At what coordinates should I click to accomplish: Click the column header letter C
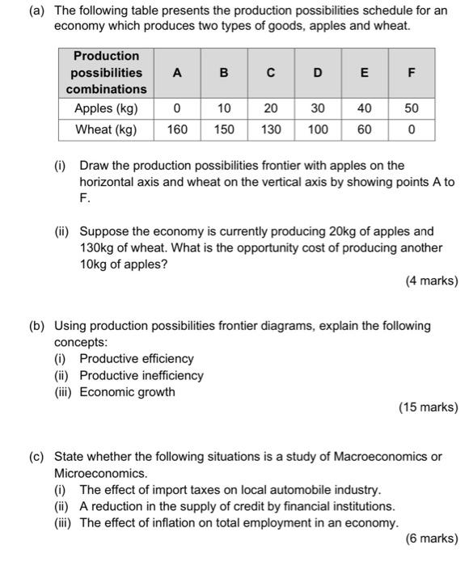coord(271,73)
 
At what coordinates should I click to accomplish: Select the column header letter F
coord(412,73)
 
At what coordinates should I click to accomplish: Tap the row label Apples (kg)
coord(106,108)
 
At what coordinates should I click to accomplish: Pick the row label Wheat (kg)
coord(105,129)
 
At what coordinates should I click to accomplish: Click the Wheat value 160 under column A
coord(177,129)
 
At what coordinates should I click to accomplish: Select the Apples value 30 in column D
coord(318,108)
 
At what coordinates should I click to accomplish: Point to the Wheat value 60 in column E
coord(365,129)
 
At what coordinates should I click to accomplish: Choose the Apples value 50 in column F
coord(412,108)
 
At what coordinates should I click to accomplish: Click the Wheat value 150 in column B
coord(224,129)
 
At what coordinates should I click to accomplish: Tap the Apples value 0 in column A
coord(177,108)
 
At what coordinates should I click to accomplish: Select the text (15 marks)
coord(428,408)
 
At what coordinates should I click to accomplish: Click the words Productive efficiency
coord(137,358)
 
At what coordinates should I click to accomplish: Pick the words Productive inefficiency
coord(141,375)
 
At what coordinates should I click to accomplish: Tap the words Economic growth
coord(127,392)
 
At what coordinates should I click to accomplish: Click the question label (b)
coord(36,325)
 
